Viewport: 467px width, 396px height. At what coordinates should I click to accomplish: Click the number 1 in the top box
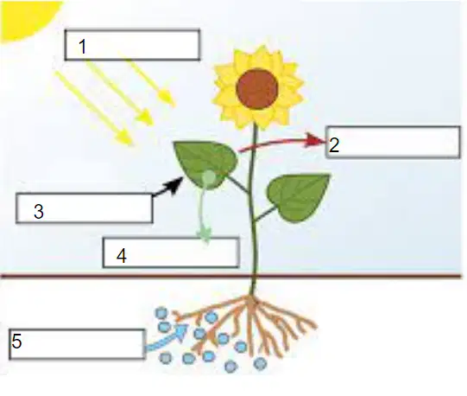[83, 47]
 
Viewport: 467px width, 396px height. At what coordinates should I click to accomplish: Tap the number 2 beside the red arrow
[334, 145]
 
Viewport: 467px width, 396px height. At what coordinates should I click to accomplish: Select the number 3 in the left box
[39, 211]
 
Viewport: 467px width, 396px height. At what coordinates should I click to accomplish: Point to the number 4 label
[122, 256]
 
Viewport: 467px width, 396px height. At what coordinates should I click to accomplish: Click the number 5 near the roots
[16, 341]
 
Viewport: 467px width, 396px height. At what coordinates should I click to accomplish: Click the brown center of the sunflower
[257, 89]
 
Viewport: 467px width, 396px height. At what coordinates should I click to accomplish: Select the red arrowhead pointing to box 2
[316, 140]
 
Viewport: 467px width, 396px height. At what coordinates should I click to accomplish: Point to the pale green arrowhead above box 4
[205, 234]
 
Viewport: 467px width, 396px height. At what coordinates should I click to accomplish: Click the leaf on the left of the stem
[206, 163]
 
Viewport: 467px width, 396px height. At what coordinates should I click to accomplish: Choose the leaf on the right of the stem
[298, 197]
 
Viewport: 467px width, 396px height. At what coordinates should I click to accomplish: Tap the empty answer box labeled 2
[393, 142]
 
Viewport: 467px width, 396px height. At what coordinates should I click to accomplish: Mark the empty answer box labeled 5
[77, 344]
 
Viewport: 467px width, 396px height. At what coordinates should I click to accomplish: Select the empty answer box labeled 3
[85, 208]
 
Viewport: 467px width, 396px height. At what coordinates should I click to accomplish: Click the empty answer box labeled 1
[132, 45]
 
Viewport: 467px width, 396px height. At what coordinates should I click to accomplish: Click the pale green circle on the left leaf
[209, 178]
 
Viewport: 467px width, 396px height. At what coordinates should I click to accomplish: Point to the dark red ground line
[231, 276]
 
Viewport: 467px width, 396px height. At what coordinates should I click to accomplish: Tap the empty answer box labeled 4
[171, 252]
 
